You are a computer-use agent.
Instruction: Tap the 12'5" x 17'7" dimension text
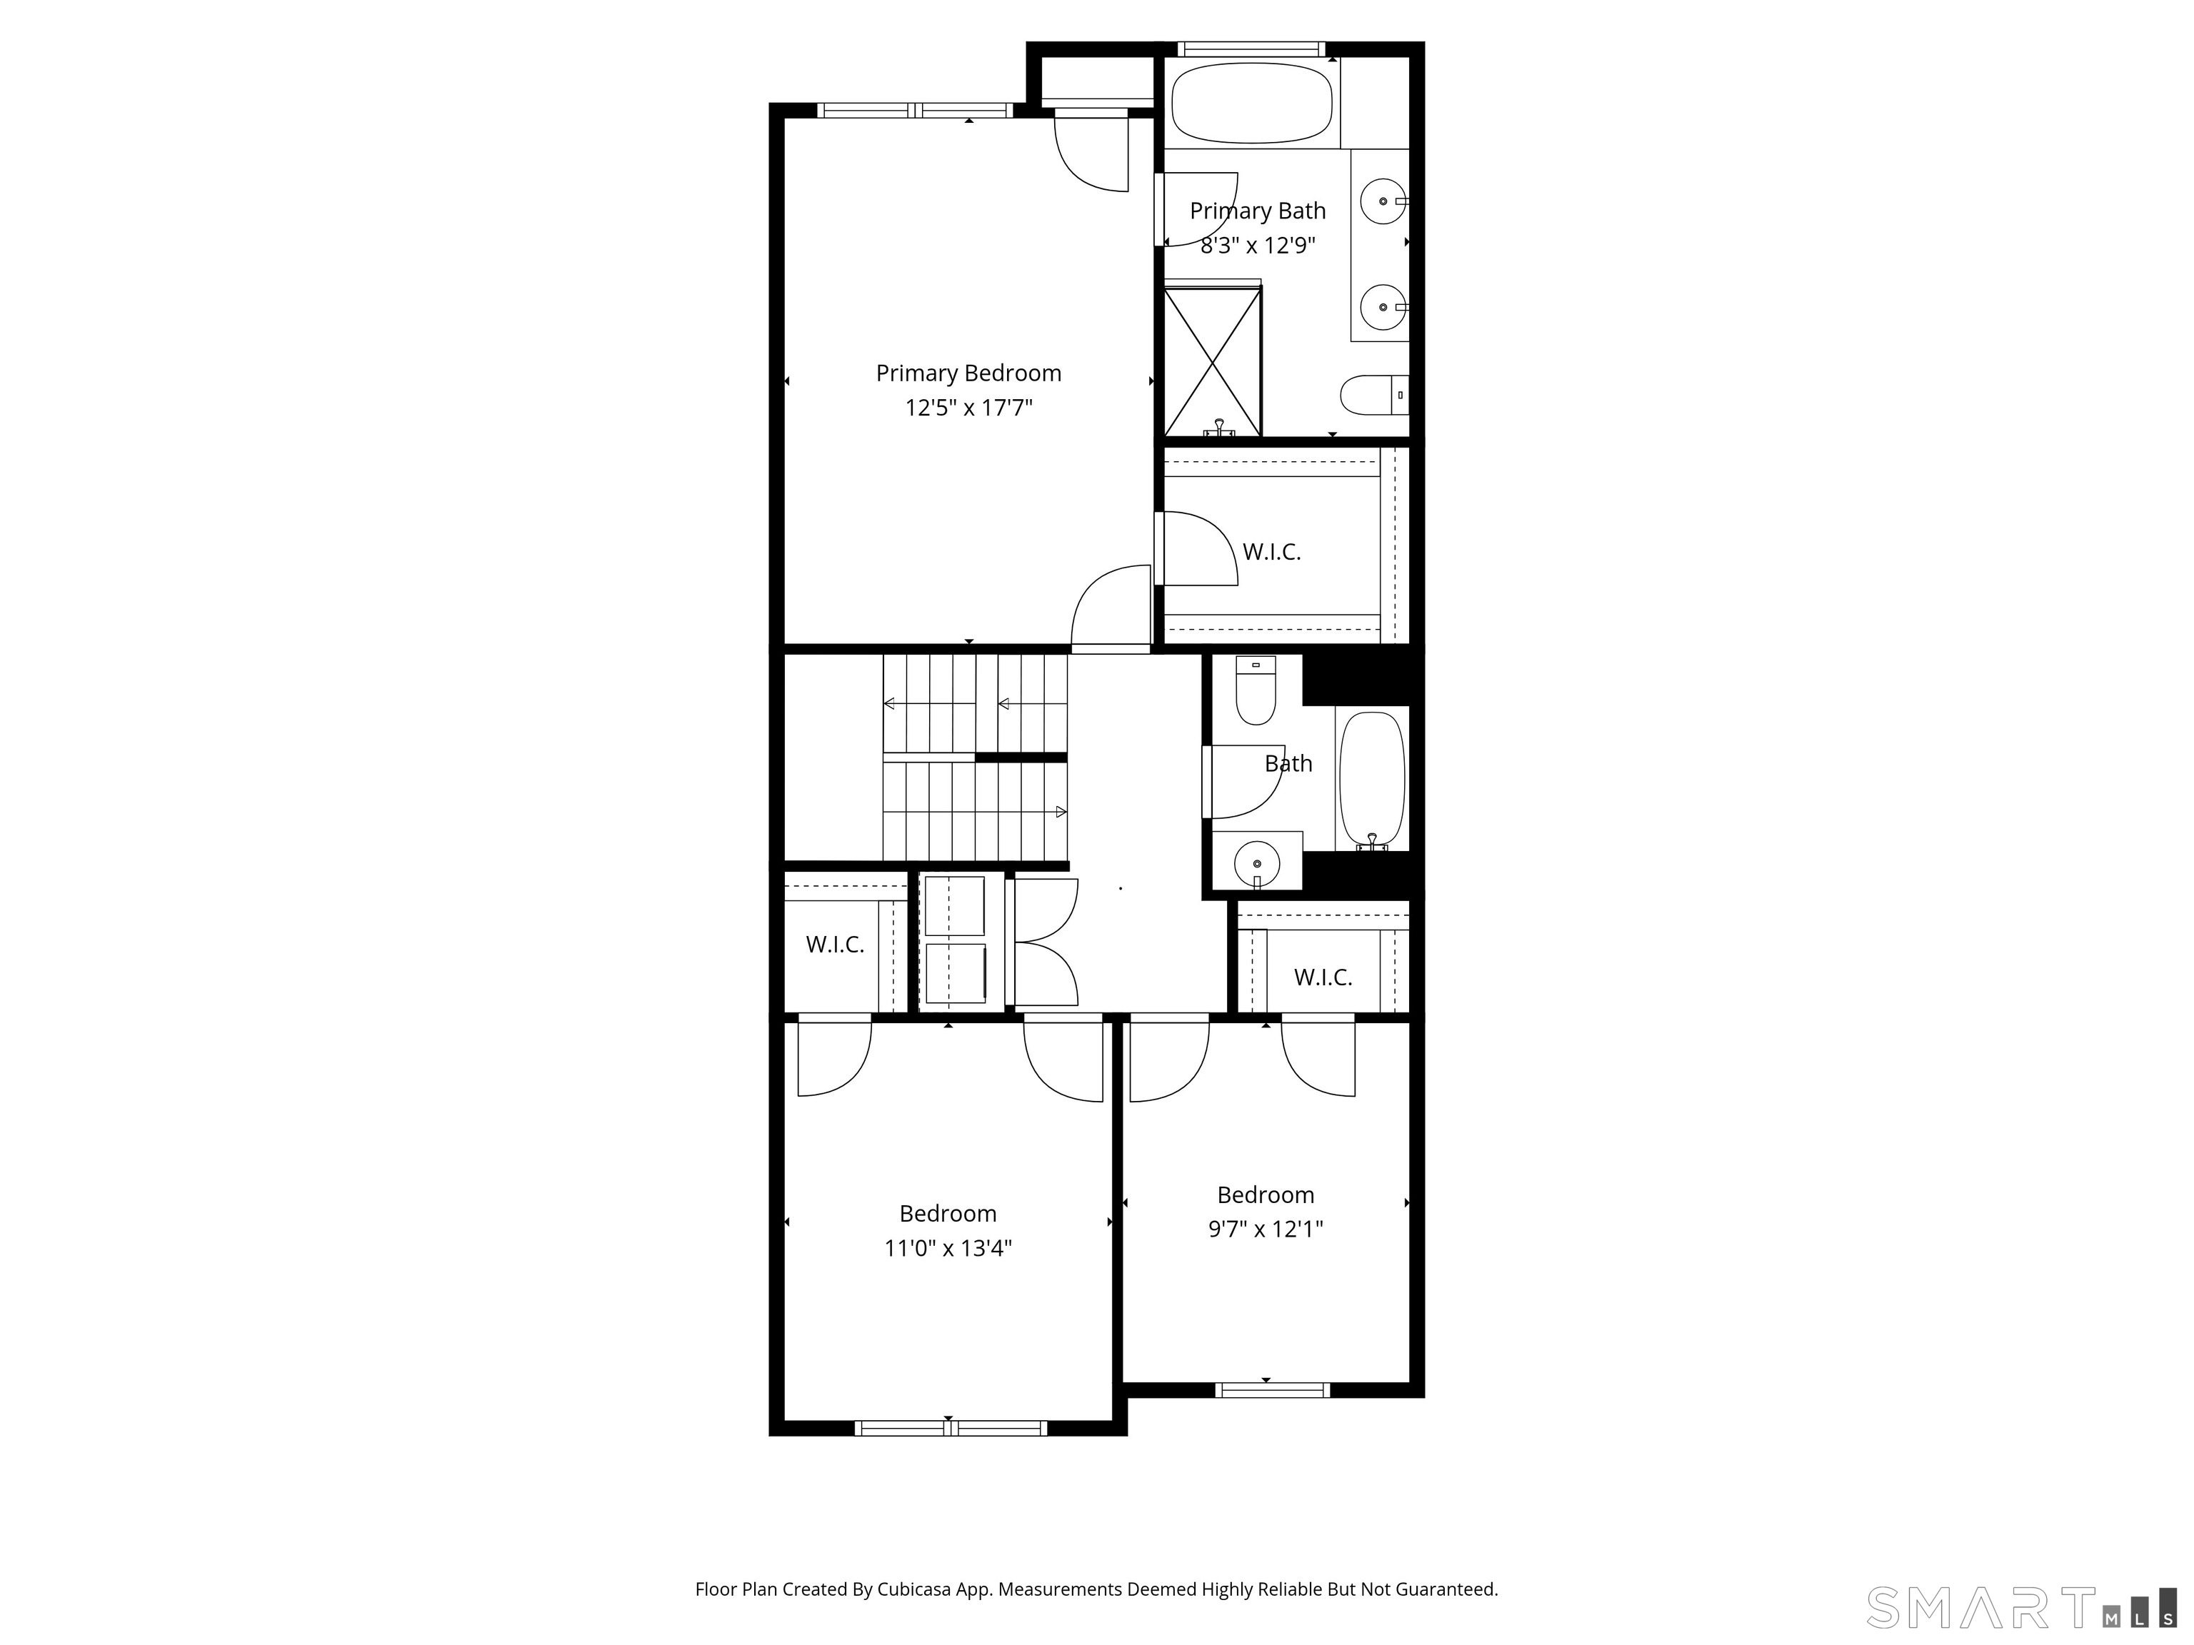coord(968,408)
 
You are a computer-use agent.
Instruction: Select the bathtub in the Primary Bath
coord(1252,103)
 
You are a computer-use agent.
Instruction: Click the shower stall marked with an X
coord(1212,362)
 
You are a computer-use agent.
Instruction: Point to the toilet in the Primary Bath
coord(1373,395)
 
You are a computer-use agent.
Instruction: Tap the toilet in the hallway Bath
coord(1256,690)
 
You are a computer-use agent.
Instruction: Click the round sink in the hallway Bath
coord(1257,862)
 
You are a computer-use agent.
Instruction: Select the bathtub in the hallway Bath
coord(1372,780)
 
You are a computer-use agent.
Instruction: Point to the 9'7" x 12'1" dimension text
coord(1266,1229)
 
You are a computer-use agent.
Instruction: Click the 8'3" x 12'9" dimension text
coord(1258,245)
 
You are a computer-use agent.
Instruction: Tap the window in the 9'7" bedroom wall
coord(1271,1390)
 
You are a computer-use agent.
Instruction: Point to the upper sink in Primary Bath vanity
coord(1383,202)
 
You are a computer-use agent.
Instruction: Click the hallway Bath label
coord(1288,763)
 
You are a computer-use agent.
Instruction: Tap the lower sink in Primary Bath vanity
coord(1383,308)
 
